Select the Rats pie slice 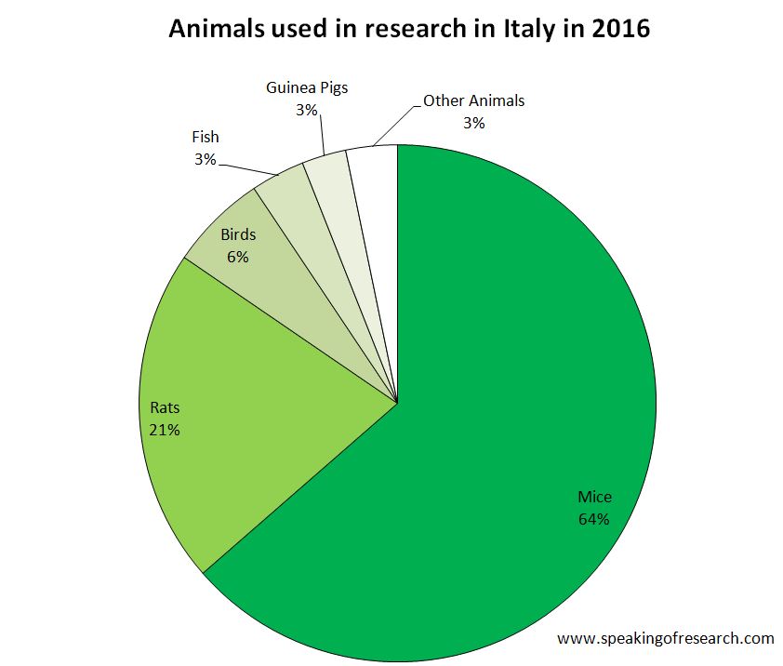coord(279,391)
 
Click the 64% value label coord(593,519)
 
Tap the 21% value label coord(164,430)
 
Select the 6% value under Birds coord(237,257)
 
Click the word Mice coord(594,497)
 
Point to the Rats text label coord(165,407)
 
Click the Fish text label coord(205,138)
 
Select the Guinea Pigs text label coord(306,88)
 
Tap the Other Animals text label coord(473,100)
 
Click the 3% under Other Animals coord(473,123)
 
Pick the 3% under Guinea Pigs coord(307,111)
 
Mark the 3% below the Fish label coord(205,160)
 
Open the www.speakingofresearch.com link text coord(665,638)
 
